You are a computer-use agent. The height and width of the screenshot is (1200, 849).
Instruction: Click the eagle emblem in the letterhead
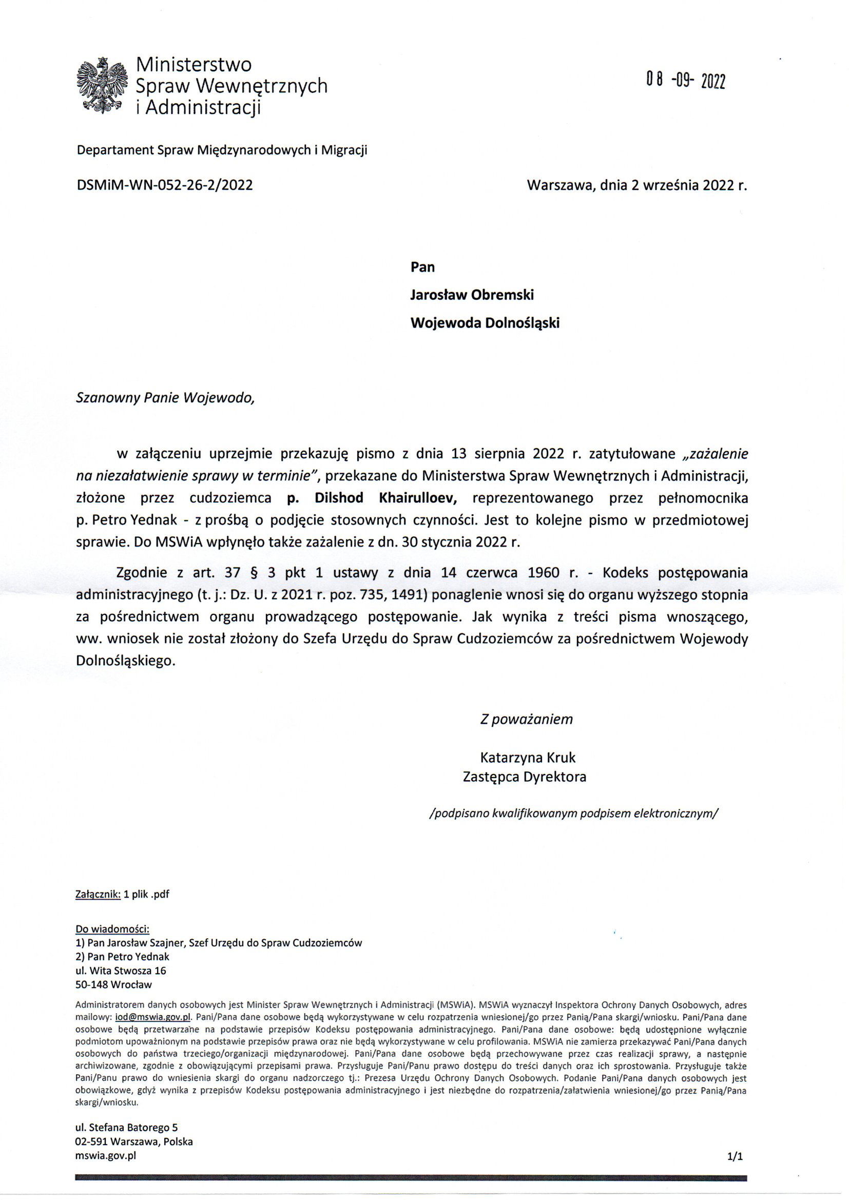click(103, 86)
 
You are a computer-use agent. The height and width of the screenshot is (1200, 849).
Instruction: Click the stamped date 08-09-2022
click(685, 81)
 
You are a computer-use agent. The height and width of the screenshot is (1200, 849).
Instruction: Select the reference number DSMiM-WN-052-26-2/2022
click(165, 185)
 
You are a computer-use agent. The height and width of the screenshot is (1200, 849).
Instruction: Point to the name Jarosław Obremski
click(472, 295)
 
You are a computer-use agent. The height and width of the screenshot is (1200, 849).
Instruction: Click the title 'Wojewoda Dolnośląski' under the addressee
click(485, 323)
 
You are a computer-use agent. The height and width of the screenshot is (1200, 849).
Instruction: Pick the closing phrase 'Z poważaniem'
click(527, 720)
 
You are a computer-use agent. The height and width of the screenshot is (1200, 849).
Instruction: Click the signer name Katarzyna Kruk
click(528, 758)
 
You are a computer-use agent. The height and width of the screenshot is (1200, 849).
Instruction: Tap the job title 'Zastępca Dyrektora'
click(525, 777)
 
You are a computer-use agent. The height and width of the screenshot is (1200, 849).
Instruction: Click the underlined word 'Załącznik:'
click(98, 894)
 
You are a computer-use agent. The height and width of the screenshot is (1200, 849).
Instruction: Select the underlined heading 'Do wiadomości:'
click(113, 930)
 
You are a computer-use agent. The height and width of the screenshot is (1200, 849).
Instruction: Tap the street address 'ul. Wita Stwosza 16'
click(121, 971)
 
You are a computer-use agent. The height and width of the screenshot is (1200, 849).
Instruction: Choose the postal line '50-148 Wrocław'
click(114, 984)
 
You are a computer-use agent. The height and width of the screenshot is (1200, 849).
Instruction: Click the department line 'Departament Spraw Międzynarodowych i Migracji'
click(222, 151)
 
